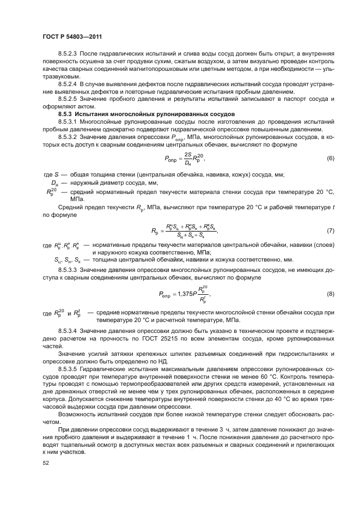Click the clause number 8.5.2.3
pyautogui.click(x=68, y=56)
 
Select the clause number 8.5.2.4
pyautogui.click(x=68, y=85)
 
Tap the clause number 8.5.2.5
pyautogui.click(x=68, y=100)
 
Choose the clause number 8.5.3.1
pyautogui.click(x=68, y=122)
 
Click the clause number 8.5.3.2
pyautogui.click(x=68, y=137)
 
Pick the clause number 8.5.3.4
pyautogui.click(x=68, y=331)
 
